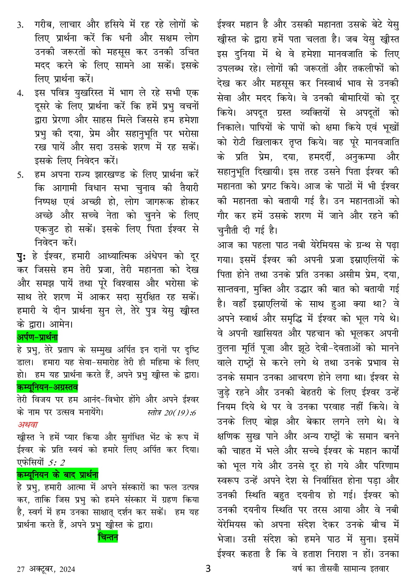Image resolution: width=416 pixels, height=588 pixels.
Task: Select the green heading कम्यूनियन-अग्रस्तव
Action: point(47,386)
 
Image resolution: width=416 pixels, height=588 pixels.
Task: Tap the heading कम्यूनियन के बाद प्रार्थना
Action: point(57,475)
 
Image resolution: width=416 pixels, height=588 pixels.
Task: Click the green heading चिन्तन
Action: point(108,537)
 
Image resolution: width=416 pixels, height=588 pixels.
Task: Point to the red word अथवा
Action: point(28,424)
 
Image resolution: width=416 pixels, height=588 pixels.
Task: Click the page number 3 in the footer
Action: point(208,568)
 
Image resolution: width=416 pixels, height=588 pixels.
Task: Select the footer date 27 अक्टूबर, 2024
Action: point(46,569)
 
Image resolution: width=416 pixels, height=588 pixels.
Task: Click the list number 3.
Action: point(21,25)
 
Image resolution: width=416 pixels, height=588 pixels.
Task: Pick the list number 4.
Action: point(21,93)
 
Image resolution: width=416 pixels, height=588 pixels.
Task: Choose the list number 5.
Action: point(21,175)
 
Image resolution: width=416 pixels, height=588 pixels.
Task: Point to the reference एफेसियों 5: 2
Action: point(41,463)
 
